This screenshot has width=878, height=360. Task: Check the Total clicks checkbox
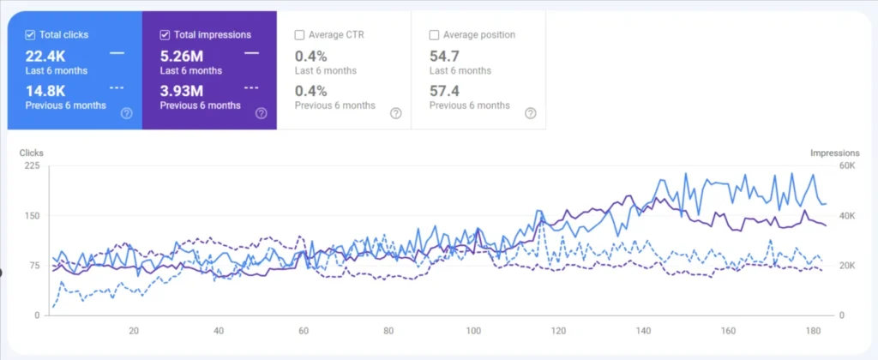30,35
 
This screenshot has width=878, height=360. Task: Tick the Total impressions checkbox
165,35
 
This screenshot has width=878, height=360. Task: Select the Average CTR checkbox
299,35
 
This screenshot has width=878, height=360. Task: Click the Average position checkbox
434,35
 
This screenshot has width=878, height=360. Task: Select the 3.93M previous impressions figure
181,90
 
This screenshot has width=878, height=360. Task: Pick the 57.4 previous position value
445,90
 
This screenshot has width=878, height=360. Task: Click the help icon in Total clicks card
127,113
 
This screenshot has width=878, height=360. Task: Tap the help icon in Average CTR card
395,113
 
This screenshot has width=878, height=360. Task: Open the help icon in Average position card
530,113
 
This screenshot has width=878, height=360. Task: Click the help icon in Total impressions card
261,113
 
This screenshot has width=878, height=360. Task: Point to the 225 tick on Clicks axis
31,166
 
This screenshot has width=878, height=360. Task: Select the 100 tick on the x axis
474,331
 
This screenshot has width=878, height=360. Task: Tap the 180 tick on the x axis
813,331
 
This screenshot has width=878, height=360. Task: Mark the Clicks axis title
32,153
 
